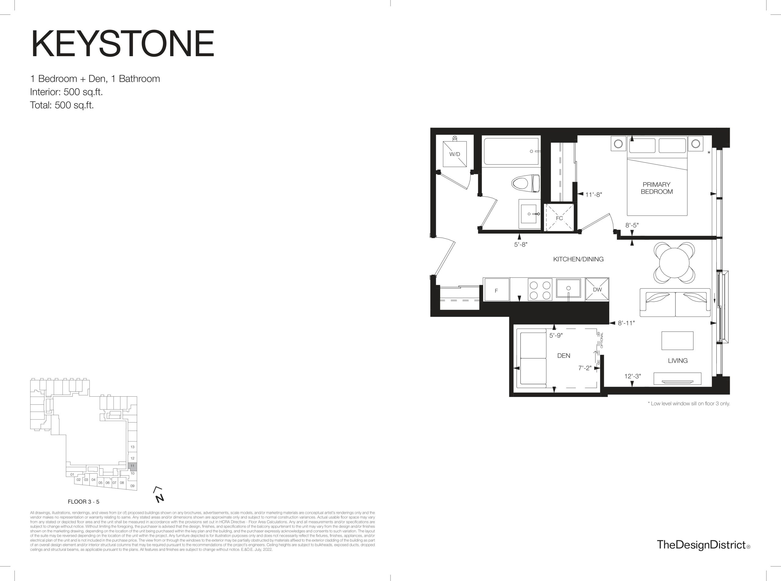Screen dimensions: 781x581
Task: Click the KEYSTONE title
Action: pyautogui.click(x=123, y=44)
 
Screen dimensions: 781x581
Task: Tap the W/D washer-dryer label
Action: pyautogui.click(x=455, y=154)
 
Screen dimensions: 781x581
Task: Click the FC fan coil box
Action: pyautogui.click(x=559, y=218)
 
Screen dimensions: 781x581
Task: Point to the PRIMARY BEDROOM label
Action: pyautogui.click(x=657, y=188)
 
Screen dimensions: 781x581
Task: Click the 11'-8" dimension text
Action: pyautogui.click(x=593, y=194)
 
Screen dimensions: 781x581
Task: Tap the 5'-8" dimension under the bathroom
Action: pyautogui.click(x=521, y=245)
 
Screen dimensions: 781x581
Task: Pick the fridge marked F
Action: pyautogui.click(x=496, y=289)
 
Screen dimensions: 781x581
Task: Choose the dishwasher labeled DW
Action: pyautogui.click(x=597, y=289)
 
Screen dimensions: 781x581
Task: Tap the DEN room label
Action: pyautogui.click(x=563, y=356)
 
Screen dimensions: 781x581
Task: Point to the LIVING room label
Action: pyautogui.click(x=678, y=361)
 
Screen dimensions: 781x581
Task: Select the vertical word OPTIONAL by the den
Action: pyautogui.click(x=602, y=340)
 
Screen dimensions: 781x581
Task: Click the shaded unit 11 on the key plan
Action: pyautogui.click(x=132, y=466)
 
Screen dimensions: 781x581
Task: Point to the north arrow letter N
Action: pyautogui.click(x=160, y=498)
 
